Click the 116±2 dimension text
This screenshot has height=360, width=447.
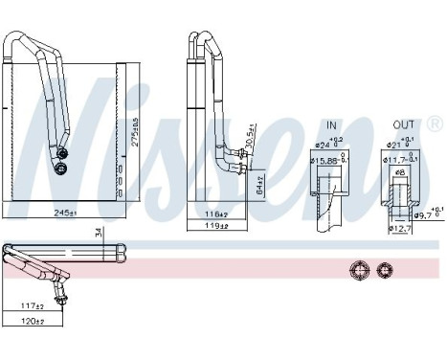coord(214,213)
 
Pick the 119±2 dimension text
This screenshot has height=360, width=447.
coord(214,226)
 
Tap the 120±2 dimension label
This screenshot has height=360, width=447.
coord(34,321)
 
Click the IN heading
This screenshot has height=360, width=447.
coord(331,124)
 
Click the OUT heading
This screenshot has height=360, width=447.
coord(403,124)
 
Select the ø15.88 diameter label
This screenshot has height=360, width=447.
coord(327,160)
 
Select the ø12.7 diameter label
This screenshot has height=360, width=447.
coord(399,229)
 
